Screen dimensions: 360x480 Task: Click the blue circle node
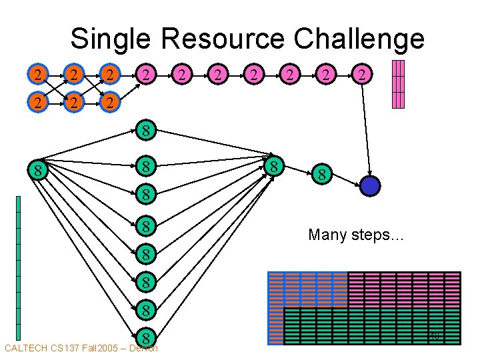point(369,186)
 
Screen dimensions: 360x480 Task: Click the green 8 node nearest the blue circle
point(321,176)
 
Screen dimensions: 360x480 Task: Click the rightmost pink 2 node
point(361,75)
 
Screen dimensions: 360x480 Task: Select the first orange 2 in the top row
point(39,75)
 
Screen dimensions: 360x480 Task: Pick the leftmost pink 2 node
point(146,75)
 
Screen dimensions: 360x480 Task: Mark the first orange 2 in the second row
point(39,103)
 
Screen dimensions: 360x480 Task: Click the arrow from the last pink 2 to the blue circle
point(365,130)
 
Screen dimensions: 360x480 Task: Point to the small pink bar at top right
point(398,84)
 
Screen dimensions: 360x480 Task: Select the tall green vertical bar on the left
point(19,267)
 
